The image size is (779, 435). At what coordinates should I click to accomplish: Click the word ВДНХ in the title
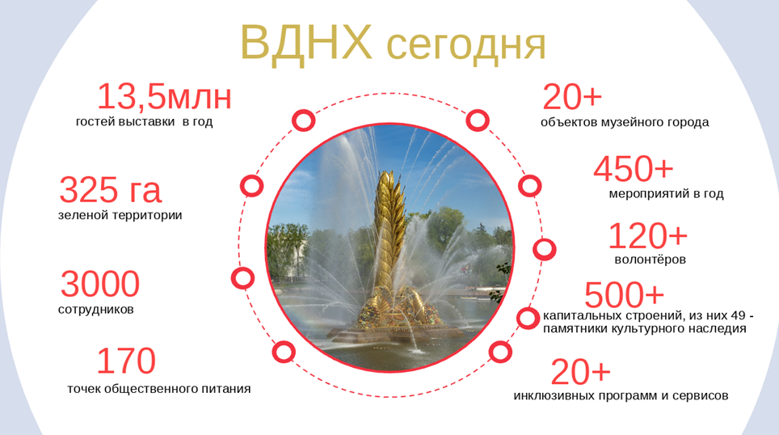(x=306, y=43)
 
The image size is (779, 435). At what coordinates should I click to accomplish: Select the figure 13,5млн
(x=164, y=96)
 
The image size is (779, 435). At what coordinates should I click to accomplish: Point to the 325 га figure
(x=110, y=190)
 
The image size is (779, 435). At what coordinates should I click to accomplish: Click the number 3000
(x=100, y=284)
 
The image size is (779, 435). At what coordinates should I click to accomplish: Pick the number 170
(x=126, y=361)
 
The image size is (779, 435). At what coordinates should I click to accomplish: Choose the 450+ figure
(x=633, y=169)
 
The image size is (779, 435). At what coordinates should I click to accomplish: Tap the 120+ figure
(x=648, y=235)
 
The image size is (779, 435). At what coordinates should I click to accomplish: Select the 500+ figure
(x=624, y=295)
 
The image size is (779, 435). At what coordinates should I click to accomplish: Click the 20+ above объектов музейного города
(x=572, y=97)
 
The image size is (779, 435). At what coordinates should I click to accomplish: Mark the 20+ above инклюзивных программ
(x=580, y=373)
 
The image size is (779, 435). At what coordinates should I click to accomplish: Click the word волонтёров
(x=650, y=260)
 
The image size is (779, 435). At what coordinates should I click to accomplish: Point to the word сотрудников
(x=96, y=310)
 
